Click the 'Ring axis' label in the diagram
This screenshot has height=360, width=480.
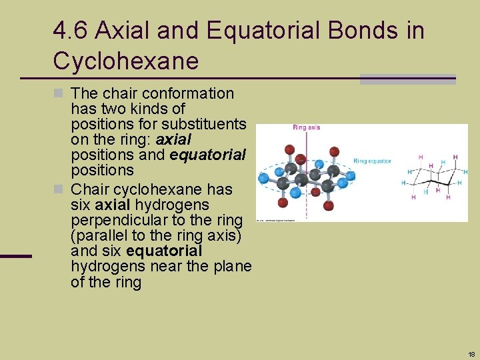(x=306, y=127)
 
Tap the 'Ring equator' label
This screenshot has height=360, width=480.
(x=372, y=161)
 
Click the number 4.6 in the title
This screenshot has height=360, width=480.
(x=71, y=31)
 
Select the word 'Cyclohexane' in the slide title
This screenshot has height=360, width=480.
(x=126, y=61)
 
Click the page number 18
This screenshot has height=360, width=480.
(x=471, y=354)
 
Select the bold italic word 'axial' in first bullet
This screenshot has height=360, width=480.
(x=173, y=139)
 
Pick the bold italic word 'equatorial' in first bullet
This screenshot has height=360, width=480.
(x=208, y=155)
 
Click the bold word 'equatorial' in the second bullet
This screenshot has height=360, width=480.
(x=163, y=251)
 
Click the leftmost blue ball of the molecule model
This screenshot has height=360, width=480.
(x=263, y=179)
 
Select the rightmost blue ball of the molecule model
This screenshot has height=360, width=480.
(x=350, y=176)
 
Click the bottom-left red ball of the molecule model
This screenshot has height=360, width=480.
(x=283, y=202)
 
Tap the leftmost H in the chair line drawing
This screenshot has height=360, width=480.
(x=404, y=182)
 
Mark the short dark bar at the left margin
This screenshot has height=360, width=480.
(x=16, y=256)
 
